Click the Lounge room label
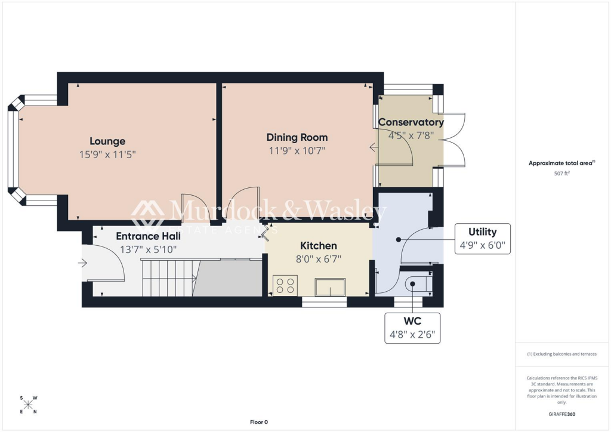107,141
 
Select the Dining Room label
297,137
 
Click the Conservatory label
411,122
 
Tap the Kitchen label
318,246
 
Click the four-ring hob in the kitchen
285,285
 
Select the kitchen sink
330,287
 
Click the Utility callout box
482,238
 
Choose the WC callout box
413,328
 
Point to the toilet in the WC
415,284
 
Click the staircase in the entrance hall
167,277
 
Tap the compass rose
28,405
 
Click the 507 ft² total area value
561,174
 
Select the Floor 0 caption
258,422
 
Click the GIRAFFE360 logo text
561,414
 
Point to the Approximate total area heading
561,163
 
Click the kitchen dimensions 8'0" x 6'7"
318,258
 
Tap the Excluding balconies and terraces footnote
561,354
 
